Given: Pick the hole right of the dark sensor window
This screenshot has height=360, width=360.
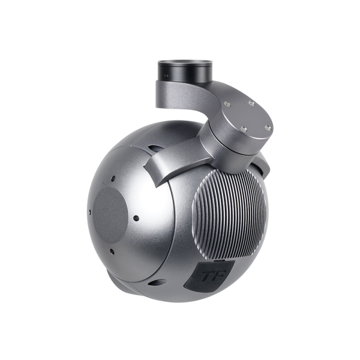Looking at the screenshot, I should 137,218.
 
